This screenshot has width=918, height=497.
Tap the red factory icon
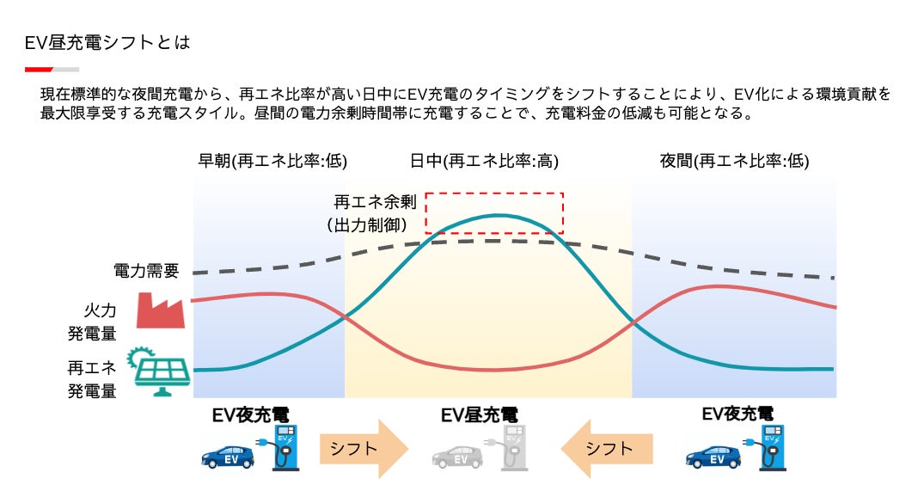(x=162, y=310)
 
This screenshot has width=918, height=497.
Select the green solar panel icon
(x=159, y=371)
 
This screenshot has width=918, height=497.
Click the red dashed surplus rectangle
(x=494, y=212)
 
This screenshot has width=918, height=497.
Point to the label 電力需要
(x=146, y=271)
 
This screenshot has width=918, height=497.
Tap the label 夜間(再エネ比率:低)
(x=734, y=161)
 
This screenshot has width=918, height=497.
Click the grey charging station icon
(x=512, y=447)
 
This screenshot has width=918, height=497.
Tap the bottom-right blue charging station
(x=772, y=447)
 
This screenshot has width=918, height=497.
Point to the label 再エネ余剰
(x=375, y=203)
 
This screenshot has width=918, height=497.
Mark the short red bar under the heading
(x=40, y=69)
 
